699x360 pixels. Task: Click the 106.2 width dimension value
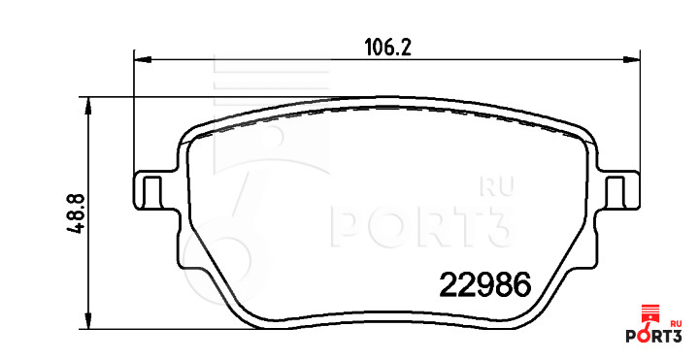point(387,47)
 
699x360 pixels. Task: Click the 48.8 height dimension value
point(77,213)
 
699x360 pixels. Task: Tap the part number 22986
point(485,284)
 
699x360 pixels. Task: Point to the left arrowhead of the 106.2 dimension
point(143,59)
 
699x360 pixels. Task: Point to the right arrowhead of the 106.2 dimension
point(631,59)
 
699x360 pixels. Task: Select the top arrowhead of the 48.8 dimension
point(88,106)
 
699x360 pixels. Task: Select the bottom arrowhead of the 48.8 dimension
point(88,320)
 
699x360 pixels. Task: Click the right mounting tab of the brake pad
point(618,190)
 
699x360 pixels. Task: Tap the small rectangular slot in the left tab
point(151,192)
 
